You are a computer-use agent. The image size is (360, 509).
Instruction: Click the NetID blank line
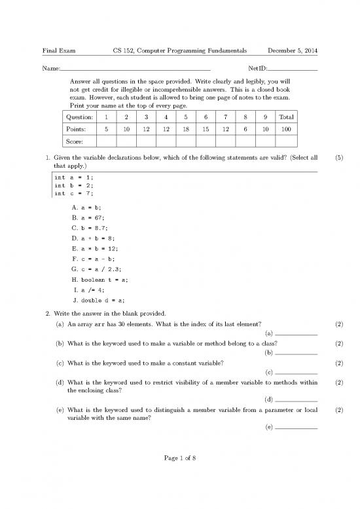coord(293,68)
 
